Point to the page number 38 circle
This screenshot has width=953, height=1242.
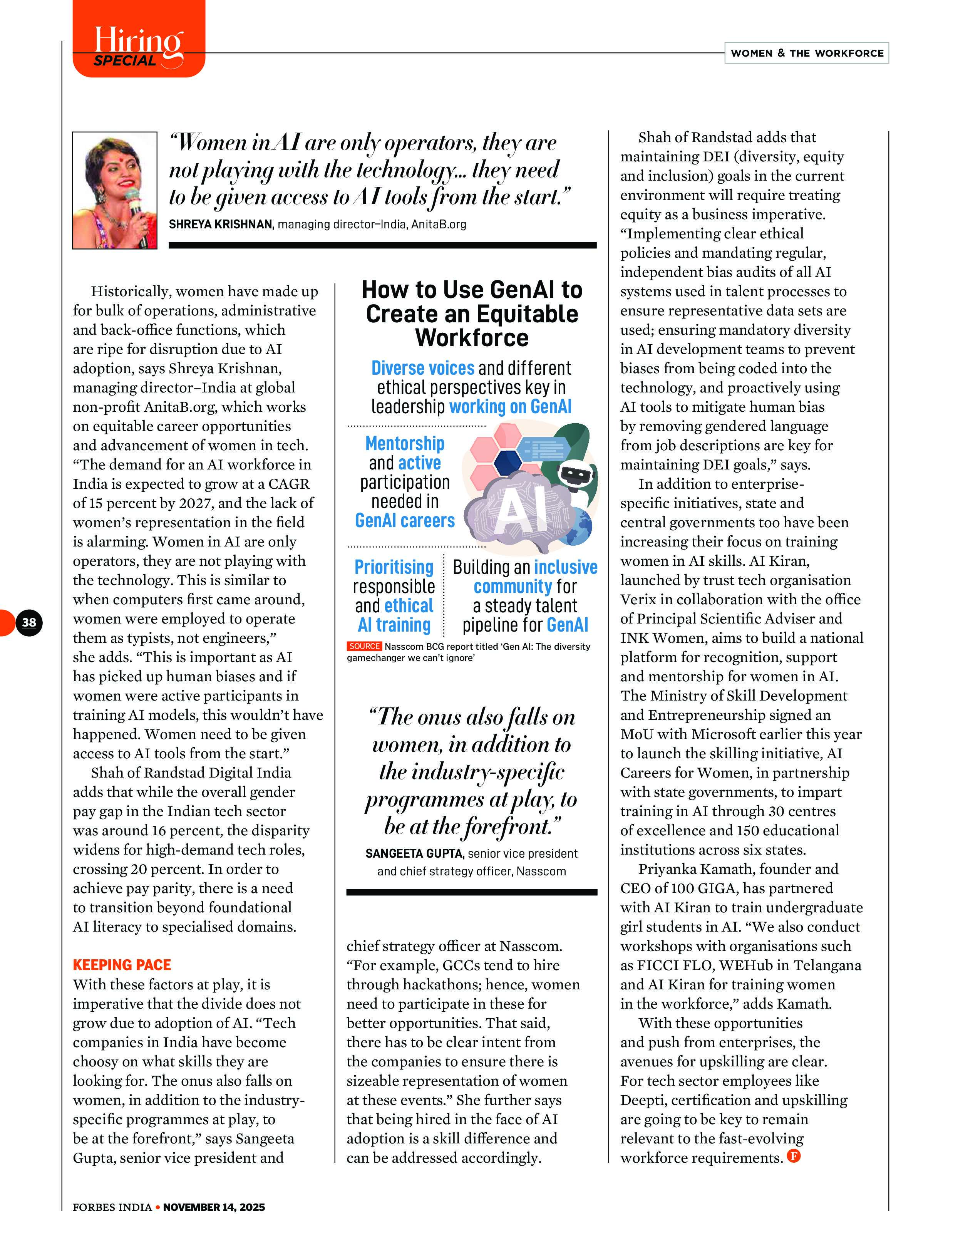click(28, 622)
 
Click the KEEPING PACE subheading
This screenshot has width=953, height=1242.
click(122, 965)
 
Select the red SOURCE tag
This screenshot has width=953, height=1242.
click(364, 646)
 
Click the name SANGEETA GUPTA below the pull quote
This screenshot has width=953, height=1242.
click(415, 853)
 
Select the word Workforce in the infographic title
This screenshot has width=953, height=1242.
click(472, 338)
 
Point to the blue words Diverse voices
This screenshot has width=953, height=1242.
click(423, 368)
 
